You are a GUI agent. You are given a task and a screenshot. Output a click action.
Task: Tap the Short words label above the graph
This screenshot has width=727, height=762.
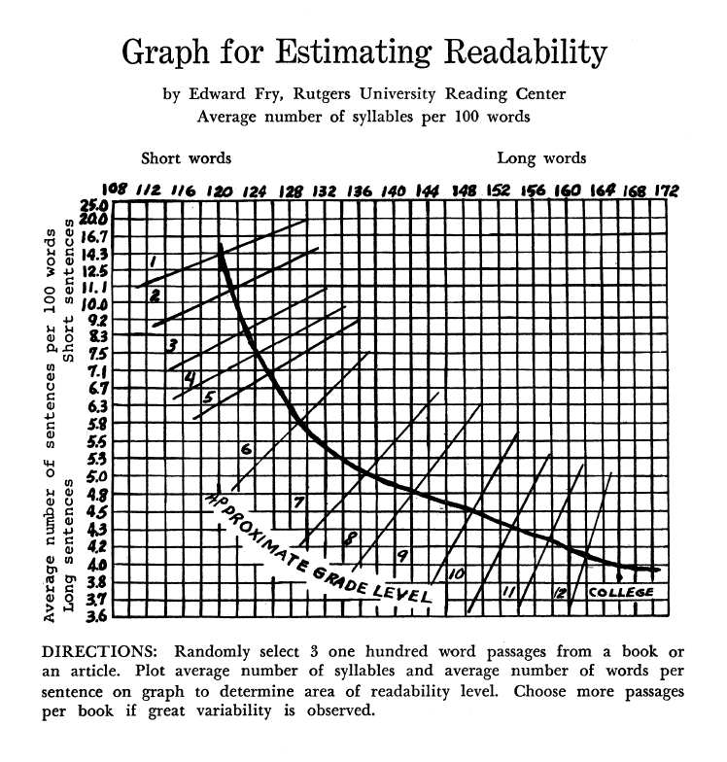coord(187,157)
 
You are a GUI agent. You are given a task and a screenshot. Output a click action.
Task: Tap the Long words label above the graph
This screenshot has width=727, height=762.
coord(541,157)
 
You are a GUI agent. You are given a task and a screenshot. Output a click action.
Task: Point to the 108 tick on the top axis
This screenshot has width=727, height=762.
coord(115,191)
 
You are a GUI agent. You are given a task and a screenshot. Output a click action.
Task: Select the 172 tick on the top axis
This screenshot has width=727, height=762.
coord(665,191)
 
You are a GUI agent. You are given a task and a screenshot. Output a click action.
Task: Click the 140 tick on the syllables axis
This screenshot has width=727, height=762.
coord(393,191)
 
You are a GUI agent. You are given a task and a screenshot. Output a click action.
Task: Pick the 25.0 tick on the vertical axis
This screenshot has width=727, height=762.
coord(93,206)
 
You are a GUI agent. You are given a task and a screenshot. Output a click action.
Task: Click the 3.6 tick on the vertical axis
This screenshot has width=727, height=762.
coord(93,614)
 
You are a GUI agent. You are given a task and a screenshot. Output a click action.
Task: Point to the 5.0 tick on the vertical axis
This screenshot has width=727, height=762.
coord(93,476)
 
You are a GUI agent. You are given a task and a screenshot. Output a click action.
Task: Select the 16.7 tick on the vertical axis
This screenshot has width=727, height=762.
coord(93,236)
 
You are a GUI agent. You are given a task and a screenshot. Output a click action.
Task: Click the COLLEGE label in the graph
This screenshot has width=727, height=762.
coord(620,592)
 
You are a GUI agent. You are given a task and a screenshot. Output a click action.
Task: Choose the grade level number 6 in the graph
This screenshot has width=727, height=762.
coord(247,449)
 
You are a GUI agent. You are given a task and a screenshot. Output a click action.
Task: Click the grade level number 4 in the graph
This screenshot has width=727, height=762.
coord(190,376)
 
